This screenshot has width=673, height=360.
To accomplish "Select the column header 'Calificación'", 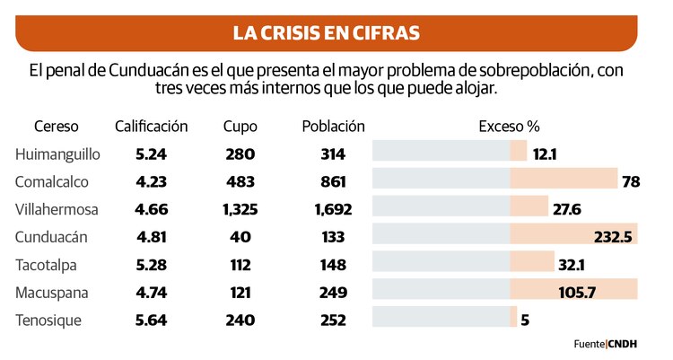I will point(151,126).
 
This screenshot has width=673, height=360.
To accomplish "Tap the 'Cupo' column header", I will point(240,126).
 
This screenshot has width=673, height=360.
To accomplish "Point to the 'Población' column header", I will point(333,126).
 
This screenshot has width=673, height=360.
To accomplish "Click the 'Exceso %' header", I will point(509,126).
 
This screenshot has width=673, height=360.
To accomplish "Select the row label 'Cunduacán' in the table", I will point(51,237).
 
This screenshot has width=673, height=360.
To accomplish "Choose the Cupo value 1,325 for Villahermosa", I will point(240,209).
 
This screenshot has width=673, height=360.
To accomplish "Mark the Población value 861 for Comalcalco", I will point(333,181).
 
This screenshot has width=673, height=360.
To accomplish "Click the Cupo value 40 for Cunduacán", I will point(240,237).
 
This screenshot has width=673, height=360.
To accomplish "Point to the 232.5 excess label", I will point(613,237).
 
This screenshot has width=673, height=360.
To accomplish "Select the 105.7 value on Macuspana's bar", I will point(596,292).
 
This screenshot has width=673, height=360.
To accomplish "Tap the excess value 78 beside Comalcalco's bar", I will point(630,181).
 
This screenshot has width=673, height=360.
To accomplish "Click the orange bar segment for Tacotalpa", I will point(531,264).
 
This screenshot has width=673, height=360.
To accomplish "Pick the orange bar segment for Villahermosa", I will point(529,209).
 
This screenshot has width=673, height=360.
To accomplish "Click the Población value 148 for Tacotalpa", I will point(333,264).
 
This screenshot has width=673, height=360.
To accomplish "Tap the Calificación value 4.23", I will point(151,181).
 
